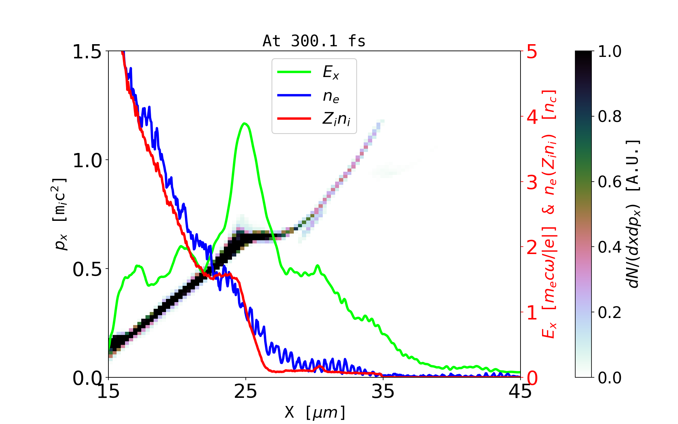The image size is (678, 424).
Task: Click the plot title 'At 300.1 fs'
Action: pyautogui.click(x=314, y=41)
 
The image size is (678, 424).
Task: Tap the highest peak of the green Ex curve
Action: pyautogui.click(x=244, y=123)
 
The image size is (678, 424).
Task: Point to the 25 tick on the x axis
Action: pyautogui.click(x=245, y=391)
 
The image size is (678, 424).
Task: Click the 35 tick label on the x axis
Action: pyautogui.click(x=383, y=391)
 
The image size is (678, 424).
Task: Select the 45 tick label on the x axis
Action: pyautogui.click(x=520, y=391)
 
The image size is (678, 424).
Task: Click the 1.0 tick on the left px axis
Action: pyautogui.click(x=87, y=160)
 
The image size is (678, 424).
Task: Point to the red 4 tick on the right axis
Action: pyautogui.click(x=532, y=117)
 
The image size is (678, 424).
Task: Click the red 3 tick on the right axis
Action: pyautogui.click(x=532, y=182)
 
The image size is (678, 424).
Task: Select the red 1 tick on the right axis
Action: pyautogui.click(x=532, y=313)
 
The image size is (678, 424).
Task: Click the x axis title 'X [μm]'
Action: pyautogui.click(x=315, y=412)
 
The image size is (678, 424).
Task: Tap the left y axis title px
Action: pyautogui.click(x=60, y=214)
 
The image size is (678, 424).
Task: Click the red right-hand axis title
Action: pyautogui.click(x=549, y=214)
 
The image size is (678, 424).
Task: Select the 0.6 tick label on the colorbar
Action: pyautogui.click(x=609, y=182)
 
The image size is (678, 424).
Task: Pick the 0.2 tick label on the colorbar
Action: pyautogui.click(x=609, y=313)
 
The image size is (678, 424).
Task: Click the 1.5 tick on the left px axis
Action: pyautogui.click(x=87, y=52)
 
